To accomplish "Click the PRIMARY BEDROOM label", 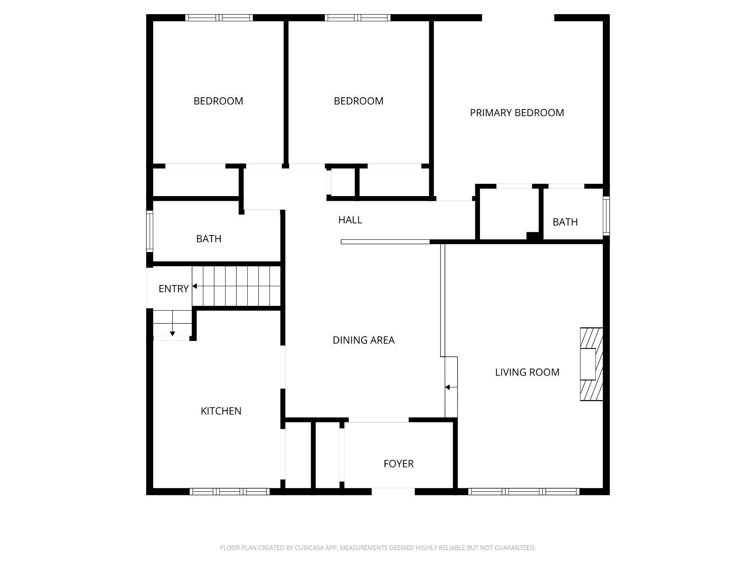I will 517,113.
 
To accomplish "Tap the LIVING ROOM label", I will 527,372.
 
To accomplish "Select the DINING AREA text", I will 363,340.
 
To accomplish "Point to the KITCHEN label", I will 220,411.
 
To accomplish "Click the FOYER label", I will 398,464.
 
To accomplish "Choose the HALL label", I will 350,220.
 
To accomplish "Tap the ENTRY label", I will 173,289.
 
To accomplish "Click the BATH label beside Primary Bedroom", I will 565,222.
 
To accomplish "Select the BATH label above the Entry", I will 208,239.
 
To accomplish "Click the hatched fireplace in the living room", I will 591,364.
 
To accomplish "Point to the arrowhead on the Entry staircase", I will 195,286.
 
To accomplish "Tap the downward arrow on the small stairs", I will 172,334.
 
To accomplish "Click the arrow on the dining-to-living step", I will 448,387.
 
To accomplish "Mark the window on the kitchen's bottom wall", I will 230,491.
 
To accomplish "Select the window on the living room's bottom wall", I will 524,491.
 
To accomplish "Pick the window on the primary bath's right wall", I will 606,216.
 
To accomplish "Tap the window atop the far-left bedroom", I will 219,18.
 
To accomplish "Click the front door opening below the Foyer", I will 393,491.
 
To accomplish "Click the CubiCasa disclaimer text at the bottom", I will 378,548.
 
